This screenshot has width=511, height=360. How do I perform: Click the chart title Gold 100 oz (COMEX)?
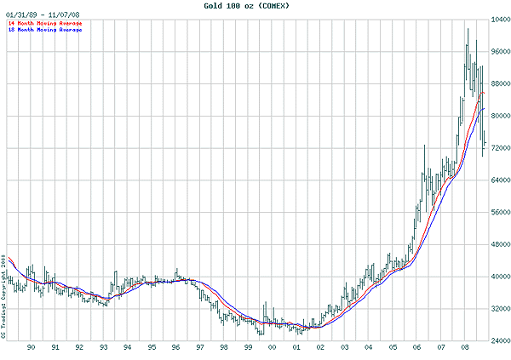(x=255, y=6)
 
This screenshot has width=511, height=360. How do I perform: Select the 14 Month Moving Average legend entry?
(x=44, y=23)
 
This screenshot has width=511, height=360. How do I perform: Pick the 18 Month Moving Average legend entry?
(x=44, y=30)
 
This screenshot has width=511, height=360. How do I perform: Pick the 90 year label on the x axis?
(x=31, y=347)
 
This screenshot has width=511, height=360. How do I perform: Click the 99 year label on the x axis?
(x=248, y=347)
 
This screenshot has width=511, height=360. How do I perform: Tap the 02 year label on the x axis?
(x=320, y=347)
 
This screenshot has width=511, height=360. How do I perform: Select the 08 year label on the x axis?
(x=465, y=347)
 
